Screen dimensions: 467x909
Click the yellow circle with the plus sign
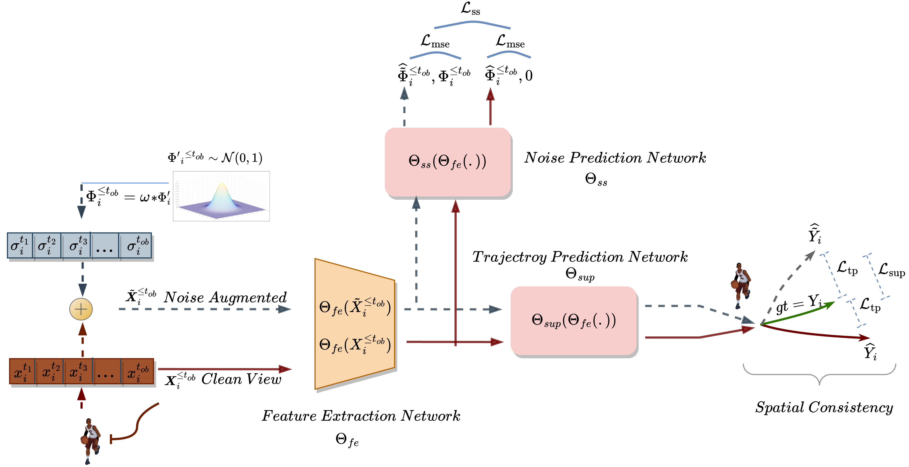pyautogui.click(x=81, y=309)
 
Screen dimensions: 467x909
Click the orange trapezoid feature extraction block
pyautogui.click(x=354, y=324)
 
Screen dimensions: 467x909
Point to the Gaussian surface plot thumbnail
pyautogui.click(x=221, y=196)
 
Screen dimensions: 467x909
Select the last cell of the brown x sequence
pyautogui.click(x=138, y=371)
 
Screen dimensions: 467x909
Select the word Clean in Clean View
pyautogui.click(x=221, y=379)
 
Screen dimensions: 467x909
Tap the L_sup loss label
pyautogui.click(x=891, y=270)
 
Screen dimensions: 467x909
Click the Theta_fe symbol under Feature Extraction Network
pyautogui.click(x=347, y=440)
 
